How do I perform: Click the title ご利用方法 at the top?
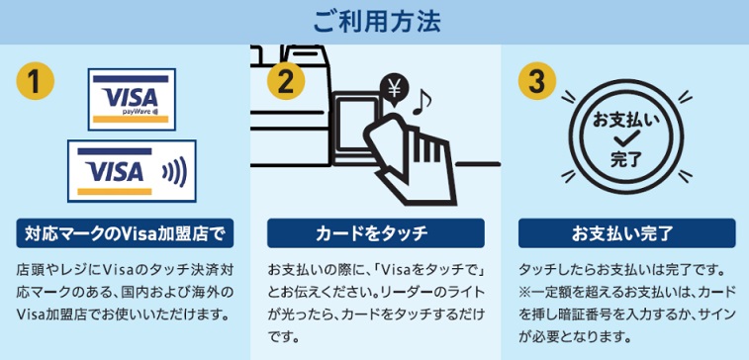(377, 22)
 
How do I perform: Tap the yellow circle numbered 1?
(35, 81)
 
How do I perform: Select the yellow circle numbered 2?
(286, 81)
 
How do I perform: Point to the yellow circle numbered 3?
(537, 81)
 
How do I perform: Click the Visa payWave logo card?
(132, 99)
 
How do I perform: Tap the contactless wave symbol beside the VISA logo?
(174, 171)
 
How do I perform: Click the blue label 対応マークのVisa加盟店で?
(125, 233)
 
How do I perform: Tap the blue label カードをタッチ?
(375, 233)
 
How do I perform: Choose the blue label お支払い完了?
(626, 233)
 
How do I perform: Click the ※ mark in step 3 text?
(524, 292)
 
